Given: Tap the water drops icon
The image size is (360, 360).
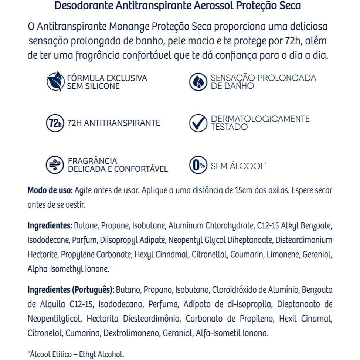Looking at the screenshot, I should pos(198,82).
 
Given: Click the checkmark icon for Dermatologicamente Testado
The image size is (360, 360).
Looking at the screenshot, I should pos(198,123).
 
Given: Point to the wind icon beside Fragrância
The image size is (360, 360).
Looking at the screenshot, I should pos(55,165).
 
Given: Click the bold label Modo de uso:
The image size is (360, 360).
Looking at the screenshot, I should pos(50,190).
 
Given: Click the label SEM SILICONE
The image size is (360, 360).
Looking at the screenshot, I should pos(88,86).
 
